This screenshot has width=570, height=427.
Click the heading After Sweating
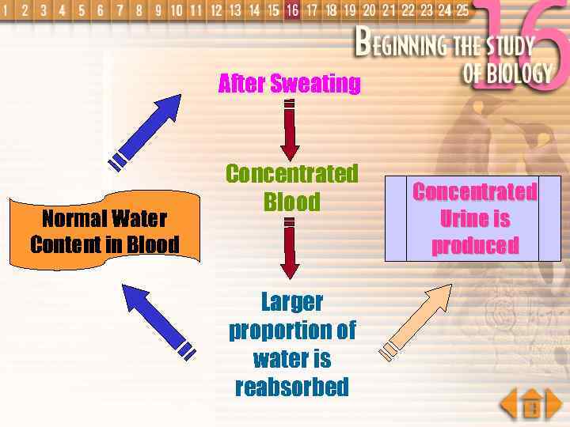289,83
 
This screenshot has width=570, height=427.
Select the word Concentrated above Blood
291,173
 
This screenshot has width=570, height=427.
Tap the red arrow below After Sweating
290,130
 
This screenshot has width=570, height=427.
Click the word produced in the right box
474,245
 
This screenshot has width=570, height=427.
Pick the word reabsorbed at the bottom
291,387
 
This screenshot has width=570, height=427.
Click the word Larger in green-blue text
291,301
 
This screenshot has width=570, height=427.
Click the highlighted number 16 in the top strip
293,10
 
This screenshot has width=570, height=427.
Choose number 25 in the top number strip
462,10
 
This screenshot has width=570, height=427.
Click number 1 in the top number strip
6,10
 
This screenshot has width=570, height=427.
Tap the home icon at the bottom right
532,406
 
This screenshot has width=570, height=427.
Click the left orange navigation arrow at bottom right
508,404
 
